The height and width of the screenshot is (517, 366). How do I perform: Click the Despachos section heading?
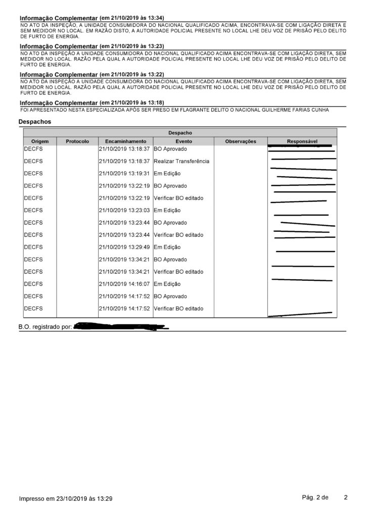tap(34, 122)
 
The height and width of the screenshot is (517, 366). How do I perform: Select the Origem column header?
tap(39, 141)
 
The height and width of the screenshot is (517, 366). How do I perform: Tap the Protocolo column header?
tap(77, 141)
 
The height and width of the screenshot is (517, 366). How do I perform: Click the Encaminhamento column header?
tap(125, 141)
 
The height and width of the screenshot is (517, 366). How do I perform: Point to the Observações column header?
tap(241, 141)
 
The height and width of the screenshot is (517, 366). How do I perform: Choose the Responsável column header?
tap(302, 141)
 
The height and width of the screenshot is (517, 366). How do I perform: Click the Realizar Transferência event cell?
tap(181, 161)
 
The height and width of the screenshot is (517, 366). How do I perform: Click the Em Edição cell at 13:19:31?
tap(167, 173)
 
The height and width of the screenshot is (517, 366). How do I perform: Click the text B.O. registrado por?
tap(45, 327)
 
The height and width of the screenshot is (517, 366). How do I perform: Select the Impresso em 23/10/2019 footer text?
tap(66, 499)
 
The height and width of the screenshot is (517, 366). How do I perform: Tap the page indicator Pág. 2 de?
tap(315, 497)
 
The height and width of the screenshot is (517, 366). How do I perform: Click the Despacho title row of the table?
tap(180, 133)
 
